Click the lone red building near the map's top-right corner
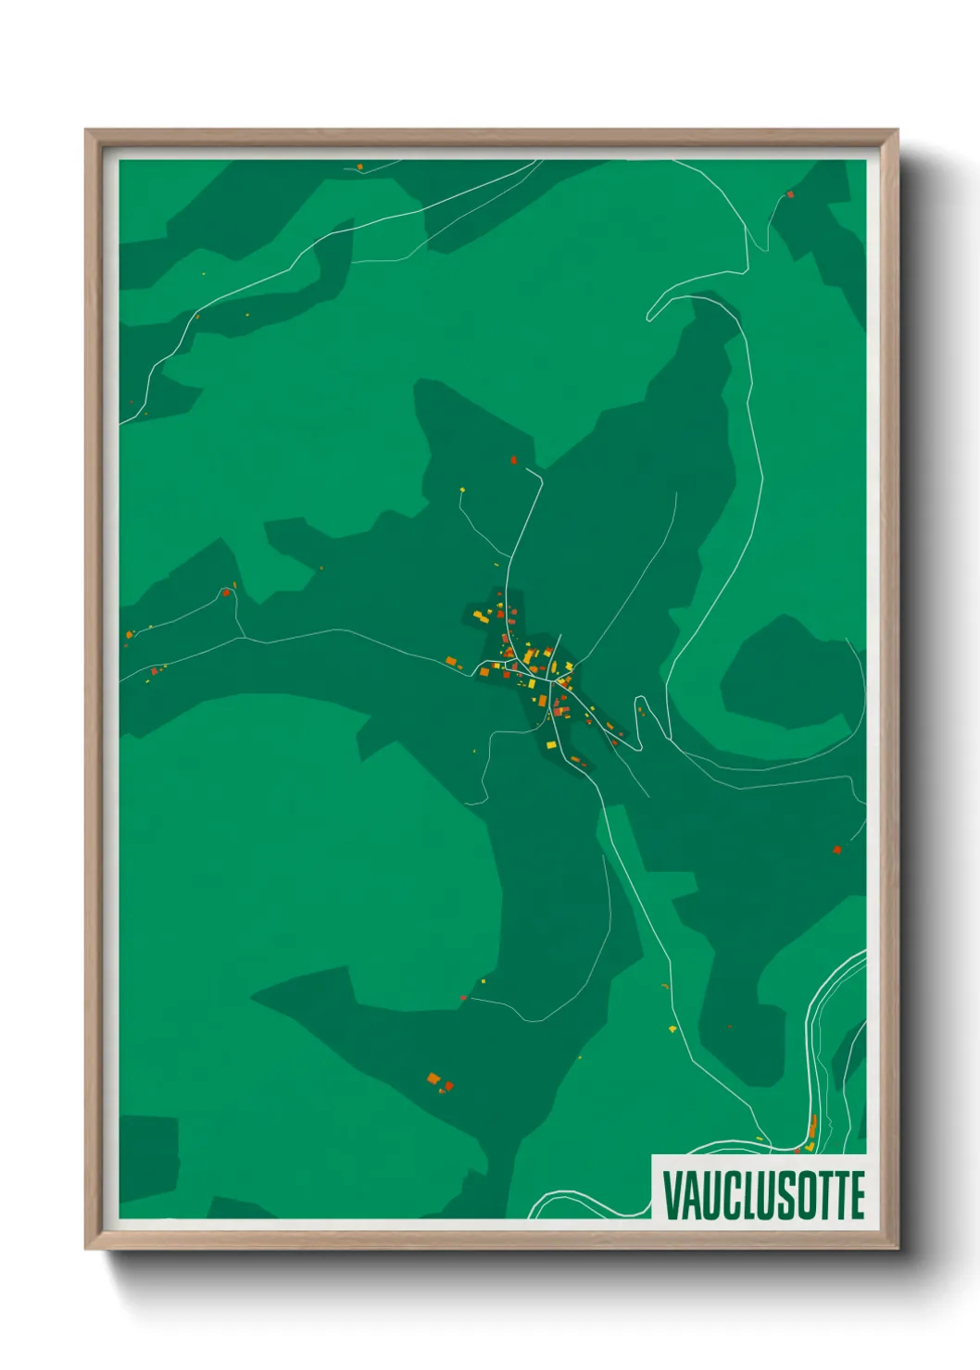click(x=790, y=194)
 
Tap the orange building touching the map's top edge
click(x=360, y=167)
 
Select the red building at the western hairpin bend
click(x=225, y=592)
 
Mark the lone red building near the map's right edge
click(x=836, y=849)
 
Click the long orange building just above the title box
click(x=812, y=1127)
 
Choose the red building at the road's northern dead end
click(x=514, y=460)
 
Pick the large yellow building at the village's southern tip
click(x=550, y=744)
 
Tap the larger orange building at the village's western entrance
click(x=451, y=661)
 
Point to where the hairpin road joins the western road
click(x=245, y=638)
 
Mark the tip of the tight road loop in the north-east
click(x=649, y=316)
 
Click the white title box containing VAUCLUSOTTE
click(x=760, y=1188)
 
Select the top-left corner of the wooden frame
click(x=86, y=131)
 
